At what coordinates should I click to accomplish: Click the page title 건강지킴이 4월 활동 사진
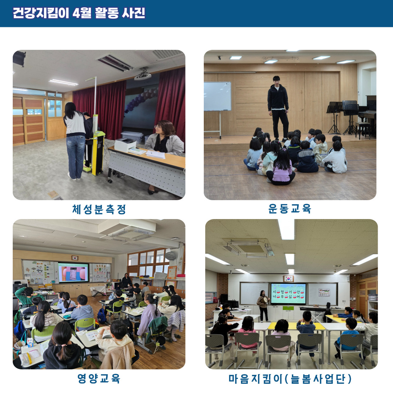79,13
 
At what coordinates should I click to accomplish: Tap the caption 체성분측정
99,209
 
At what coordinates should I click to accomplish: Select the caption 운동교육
290,209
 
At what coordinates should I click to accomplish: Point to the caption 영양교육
99,378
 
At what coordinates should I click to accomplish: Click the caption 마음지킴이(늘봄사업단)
290,379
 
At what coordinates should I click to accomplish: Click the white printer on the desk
125,144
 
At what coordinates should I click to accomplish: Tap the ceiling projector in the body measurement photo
143,75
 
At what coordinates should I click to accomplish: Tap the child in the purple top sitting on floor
281,167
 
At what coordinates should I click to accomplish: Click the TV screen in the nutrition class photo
73,272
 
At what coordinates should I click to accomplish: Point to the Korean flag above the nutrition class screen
75,258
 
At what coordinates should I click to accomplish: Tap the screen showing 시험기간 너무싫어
289,294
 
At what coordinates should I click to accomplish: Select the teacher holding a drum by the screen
263,306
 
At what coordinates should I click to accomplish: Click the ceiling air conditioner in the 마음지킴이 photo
249,248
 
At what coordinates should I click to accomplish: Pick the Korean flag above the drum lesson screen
289,278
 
